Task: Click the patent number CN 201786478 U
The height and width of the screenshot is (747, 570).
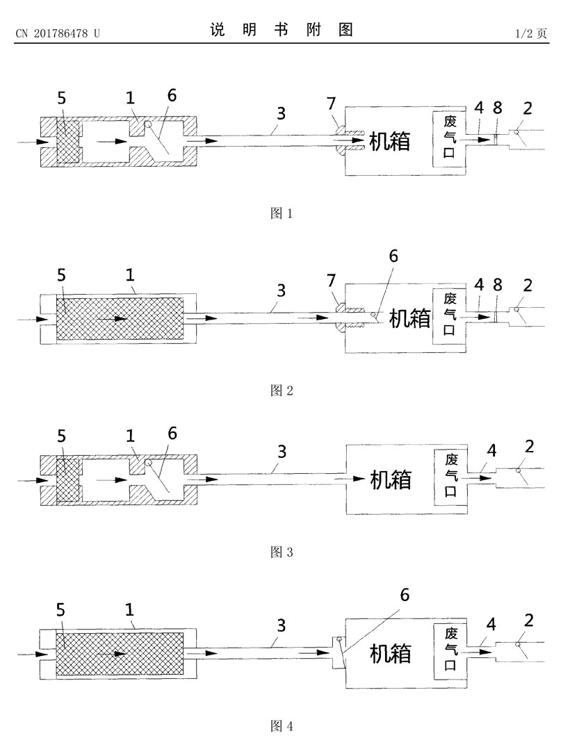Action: point(58,33)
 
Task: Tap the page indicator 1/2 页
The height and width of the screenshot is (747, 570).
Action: point(531,33)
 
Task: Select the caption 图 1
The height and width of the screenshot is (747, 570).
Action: point(282,213)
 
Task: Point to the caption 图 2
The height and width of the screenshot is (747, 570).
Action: point(282,391)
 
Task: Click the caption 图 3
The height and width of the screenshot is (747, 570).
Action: point(282,552)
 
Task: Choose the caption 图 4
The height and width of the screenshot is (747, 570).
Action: point(282,726)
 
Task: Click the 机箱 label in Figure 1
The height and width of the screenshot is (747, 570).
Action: point(390,142)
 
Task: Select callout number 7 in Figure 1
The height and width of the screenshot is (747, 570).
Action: point(332,104)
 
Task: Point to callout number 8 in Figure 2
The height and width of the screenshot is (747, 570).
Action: point(498,285)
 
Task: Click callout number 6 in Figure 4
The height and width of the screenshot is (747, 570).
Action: point(405,595)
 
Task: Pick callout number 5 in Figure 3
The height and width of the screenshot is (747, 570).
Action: point(61,436)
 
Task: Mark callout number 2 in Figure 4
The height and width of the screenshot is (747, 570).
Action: point(528,621)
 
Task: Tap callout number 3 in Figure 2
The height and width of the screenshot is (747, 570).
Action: point(282,290)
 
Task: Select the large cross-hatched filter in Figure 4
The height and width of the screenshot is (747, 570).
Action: point(120,654)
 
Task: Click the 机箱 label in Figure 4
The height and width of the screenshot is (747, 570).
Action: point(391,654)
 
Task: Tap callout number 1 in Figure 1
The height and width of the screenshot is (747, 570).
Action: point(130,98)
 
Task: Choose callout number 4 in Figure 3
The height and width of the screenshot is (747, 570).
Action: point(491,451)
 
